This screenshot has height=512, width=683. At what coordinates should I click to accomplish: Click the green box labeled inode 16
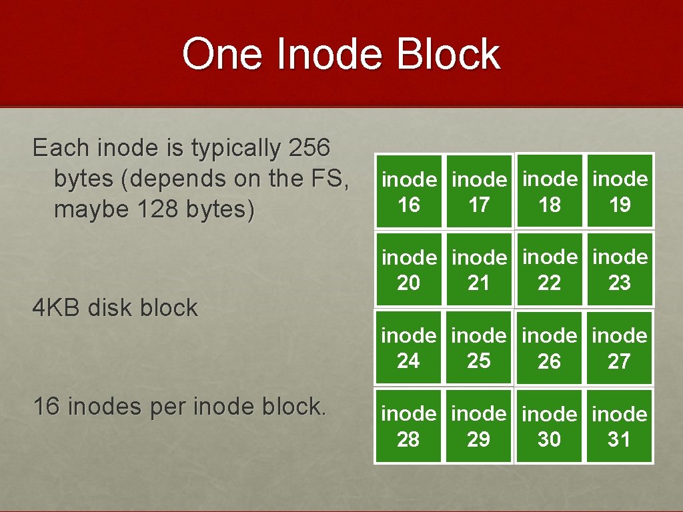point(409,192)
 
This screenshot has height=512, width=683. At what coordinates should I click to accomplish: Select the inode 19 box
point(620,192)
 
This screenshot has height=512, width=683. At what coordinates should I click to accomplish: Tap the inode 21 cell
point(479,270)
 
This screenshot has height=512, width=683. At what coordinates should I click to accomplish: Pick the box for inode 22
point(549,270)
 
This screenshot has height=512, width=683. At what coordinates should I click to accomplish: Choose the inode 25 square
point(479,348)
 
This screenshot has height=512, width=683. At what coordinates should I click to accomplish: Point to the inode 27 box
point(620,348)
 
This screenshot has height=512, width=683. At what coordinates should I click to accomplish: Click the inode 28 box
point(409,427)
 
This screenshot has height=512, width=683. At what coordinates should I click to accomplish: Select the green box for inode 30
point(549,427)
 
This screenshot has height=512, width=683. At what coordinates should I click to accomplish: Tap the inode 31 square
point(620,427)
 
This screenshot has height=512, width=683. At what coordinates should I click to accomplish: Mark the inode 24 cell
point(409,348)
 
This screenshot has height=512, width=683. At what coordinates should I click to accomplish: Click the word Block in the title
point(448,54)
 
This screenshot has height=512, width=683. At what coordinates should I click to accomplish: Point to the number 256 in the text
point(309,147)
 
